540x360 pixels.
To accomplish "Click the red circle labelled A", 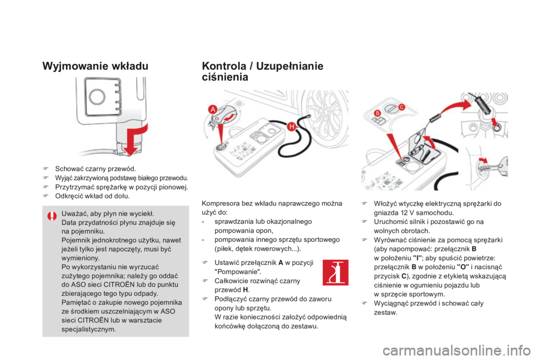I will [x=213, y=109].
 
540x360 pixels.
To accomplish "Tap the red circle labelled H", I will [x=291, y=128].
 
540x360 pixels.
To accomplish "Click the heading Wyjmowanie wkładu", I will [x=95, y=64].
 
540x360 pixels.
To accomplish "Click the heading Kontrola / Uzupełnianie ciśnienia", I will [x=262, y=71].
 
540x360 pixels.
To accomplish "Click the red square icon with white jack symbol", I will [x=335, y=272].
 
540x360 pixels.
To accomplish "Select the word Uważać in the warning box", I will [x=74, y=214].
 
